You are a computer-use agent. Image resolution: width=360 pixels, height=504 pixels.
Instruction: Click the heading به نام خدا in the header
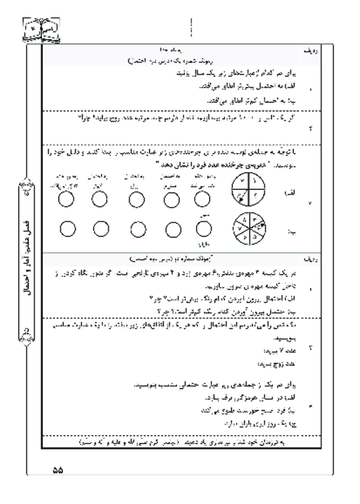point(170,49)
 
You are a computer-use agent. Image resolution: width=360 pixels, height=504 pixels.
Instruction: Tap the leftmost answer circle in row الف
point(65,197)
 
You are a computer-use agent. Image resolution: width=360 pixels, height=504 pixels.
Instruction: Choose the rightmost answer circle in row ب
point(205,229)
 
